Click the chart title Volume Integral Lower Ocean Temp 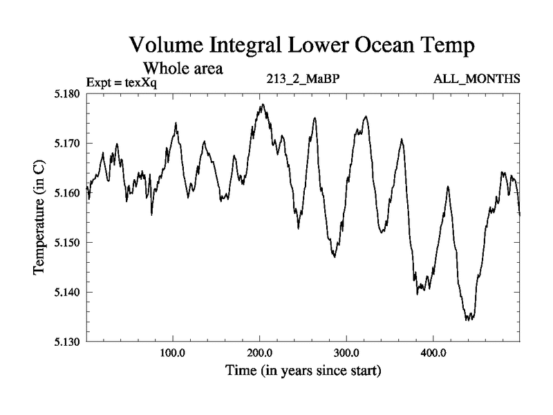point(303,47)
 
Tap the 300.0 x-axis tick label point(346,353)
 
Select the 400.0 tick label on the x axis point(433,353)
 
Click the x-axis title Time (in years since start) point(303,371)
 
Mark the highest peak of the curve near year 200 point(263,104)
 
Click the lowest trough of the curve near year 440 point(469,320)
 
